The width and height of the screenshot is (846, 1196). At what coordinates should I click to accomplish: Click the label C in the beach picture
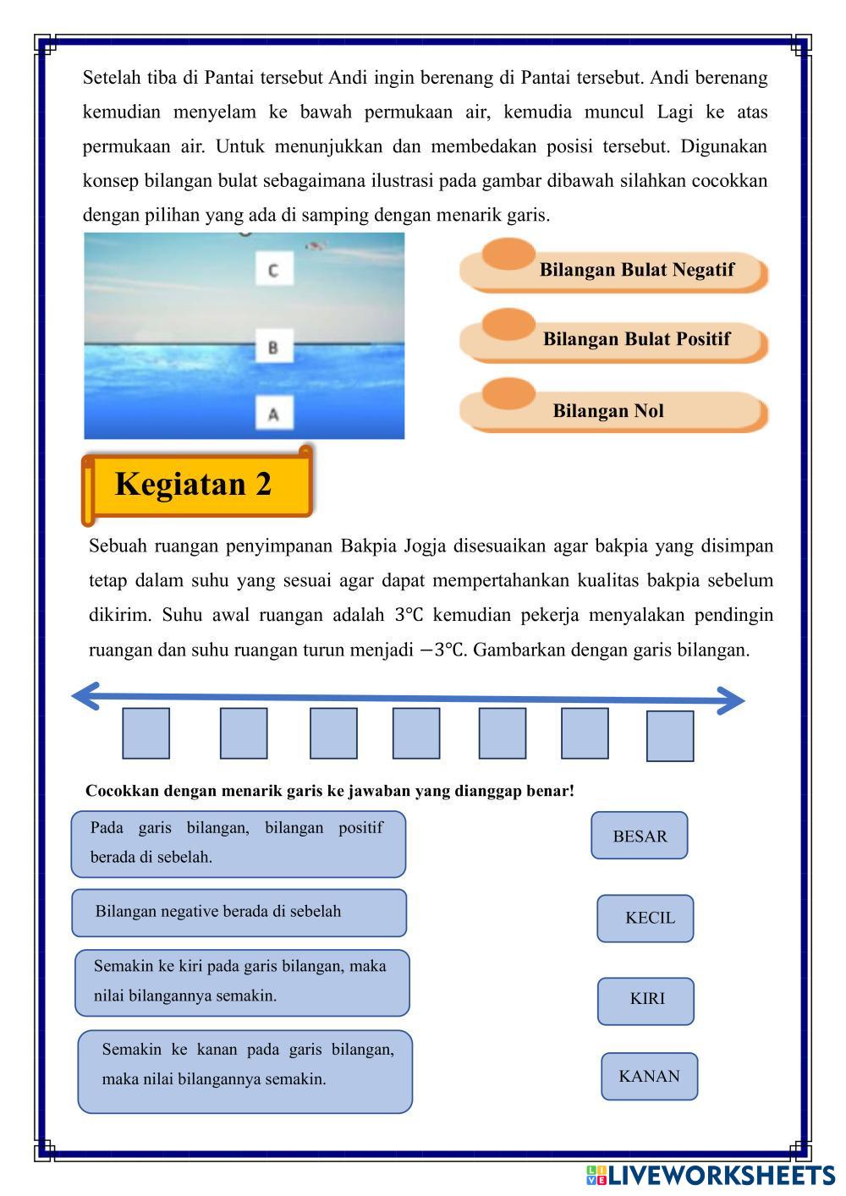(x=274, y=270)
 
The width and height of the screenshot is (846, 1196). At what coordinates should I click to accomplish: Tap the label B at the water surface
(x=274, y=347)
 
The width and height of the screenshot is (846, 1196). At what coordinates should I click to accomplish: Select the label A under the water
(x=274, y=414)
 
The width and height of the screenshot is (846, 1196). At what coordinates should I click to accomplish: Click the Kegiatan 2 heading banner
(x=196, y=485)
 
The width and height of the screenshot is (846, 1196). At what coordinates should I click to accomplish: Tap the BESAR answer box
(x=640, y=836)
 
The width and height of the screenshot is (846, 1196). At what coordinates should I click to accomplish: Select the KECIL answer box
(x=645, y=918)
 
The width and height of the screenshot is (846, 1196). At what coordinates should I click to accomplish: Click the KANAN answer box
(x=650, y=1076)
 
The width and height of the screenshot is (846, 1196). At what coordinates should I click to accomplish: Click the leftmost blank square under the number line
(x=146, y=733)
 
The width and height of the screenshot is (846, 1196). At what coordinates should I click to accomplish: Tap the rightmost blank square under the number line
(x=670, y=736)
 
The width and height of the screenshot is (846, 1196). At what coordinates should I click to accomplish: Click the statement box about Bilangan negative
(x=239, y=913)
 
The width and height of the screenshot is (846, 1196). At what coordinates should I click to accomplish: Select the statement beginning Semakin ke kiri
(x=242, y=982)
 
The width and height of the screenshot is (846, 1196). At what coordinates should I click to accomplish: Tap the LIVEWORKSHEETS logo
(x=710, y=1175)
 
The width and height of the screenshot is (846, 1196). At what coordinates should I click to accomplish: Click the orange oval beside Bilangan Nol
(x=508, y=394)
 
